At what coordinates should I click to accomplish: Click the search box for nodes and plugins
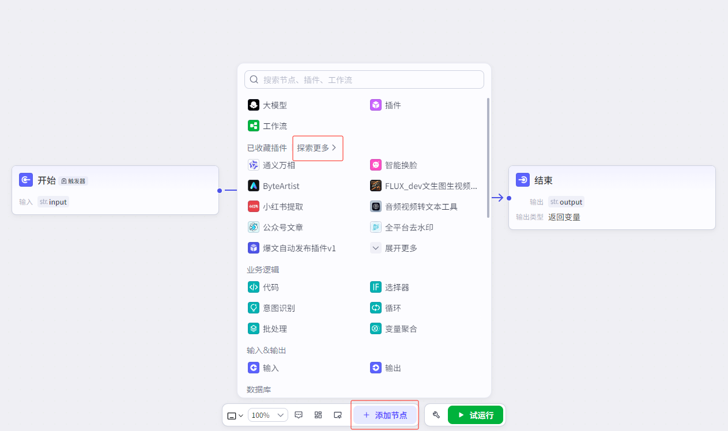click(x=364, y=80)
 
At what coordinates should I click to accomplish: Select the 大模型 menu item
click(x=267, y=105)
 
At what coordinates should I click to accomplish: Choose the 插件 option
click(x=386, y=105)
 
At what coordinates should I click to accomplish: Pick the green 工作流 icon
click(x=254, y=126)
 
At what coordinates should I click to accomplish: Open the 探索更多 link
click(x=316, y=148)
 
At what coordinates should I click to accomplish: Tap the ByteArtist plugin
click(x=273, y=186)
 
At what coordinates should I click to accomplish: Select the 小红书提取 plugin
click(x=276, y=206)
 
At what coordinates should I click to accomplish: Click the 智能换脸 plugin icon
click(x=376, y=165)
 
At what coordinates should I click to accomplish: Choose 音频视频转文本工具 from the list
click(x=414, y=206)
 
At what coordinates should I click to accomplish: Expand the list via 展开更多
click(x=394, y=248)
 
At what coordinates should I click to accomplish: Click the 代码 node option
click(x=263, y=288)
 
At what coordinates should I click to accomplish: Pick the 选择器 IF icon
click(x=376, y=287)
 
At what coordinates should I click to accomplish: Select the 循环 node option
click(x=386, y=308)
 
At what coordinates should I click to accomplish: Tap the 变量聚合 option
click(x=394, y=328)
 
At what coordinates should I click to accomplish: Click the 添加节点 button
click(x=385, y=415)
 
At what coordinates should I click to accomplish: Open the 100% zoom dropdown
click(x=268, y=415)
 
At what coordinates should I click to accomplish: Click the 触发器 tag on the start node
click(x=73, y=181)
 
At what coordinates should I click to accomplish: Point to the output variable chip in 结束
click(x=566, y=202)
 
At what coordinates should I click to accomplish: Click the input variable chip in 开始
click(x=53, y=202)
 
